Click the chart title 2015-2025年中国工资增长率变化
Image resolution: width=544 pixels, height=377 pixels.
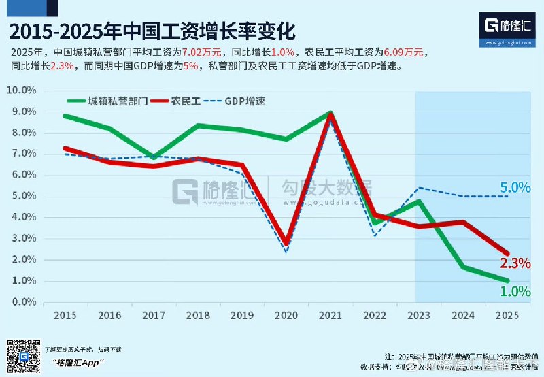(153, 33)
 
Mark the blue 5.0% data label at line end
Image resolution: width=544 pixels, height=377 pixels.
(515, 187)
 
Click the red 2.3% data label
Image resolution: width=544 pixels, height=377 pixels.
(515, 264)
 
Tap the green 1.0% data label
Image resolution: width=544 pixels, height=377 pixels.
(515, 291)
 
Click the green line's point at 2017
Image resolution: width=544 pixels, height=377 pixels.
(155, 157)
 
